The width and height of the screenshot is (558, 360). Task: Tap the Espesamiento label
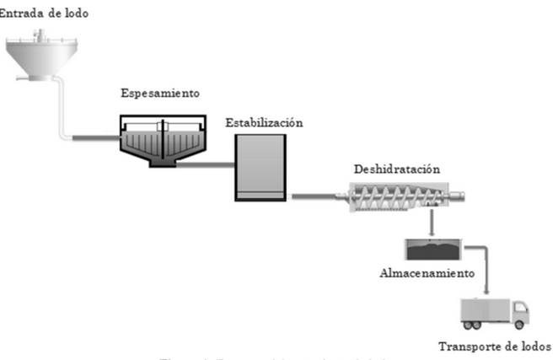point(160,93)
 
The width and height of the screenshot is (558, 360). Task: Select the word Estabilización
point(264,122)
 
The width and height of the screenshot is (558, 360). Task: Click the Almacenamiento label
point(427,273)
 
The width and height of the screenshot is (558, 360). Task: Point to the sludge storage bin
point(432,249)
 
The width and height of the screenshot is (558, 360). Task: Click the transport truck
point(494,313)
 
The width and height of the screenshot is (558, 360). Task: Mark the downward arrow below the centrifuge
point(432,223)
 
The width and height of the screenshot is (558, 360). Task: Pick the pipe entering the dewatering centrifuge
point(314,197)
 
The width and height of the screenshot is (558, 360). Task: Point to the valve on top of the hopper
point(36,33)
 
